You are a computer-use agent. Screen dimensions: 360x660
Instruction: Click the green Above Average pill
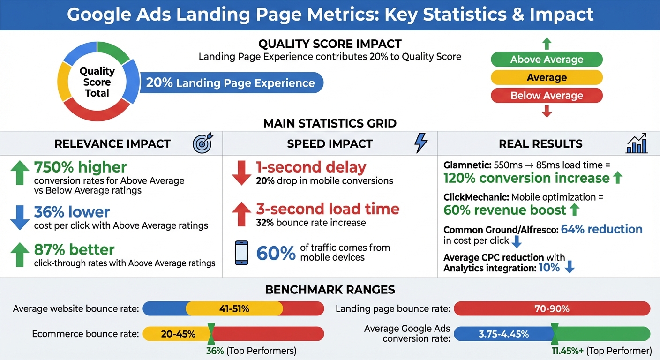pyautogui.click(x=547, y=60)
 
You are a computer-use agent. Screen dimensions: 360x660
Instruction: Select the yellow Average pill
pyautogui.click(x=547, y=77)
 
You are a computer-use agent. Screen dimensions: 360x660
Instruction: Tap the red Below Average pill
pyautogui.click(x=547, y=96)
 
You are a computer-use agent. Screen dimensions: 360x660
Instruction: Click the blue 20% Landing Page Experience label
pyautogui.click(x=231, y=83)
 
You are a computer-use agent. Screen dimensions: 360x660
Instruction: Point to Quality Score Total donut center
pyautogui.click(x=97, y=82)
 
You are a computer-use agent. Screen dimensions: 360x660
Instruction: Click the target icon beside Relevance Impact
pyautogui.click(x=202, y=143)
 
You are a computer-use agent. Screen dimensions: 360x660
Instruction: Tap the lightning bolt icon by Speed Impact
pyautogui.click(x=421, y=143)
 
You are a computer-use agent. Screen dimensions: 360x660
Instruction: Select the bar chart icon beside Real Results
pyautogui.click(x=637, y=143)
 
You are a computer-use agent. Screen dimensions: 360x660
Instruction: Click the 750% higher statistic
pyautogui.click(x=80, y=167)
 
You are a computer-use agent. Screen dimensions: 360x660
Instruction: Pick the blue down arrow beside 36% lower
pyautogui.click(x=20, y=217)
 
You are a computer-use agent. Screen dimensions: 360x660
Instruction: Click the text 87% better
pyautogui.click(x=74, y=249)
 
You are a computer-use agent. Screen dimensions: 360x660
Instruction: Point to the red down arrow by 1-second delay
pyautogui.click(x=241, y=172)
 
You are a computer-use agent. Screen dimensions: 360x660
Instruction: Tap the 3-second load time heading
pyautogui.click(x=328, y=209)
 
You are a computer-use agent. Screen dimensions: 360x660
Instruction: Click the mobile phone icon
pyautogui.click(x=241, y=253)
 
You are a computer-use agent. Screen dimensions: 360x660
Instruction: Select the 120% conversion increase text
pyautogui.click(x=526, y=178)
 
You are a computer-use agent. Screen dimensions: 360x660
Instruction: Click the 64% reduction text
pyautogui.click(x=601, y=229)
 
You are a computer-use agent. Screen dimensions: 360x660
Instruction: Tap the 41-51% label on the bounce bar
pyautogui.click(x=234, y=309)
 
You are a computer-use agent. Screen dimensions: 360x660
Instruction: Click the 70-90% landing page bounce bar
pyautogui.click(x=552, y=309)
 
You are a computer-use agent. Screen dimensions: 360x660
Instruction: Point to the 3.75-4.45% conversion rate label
pyautogui.click(x=503, y=334)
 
